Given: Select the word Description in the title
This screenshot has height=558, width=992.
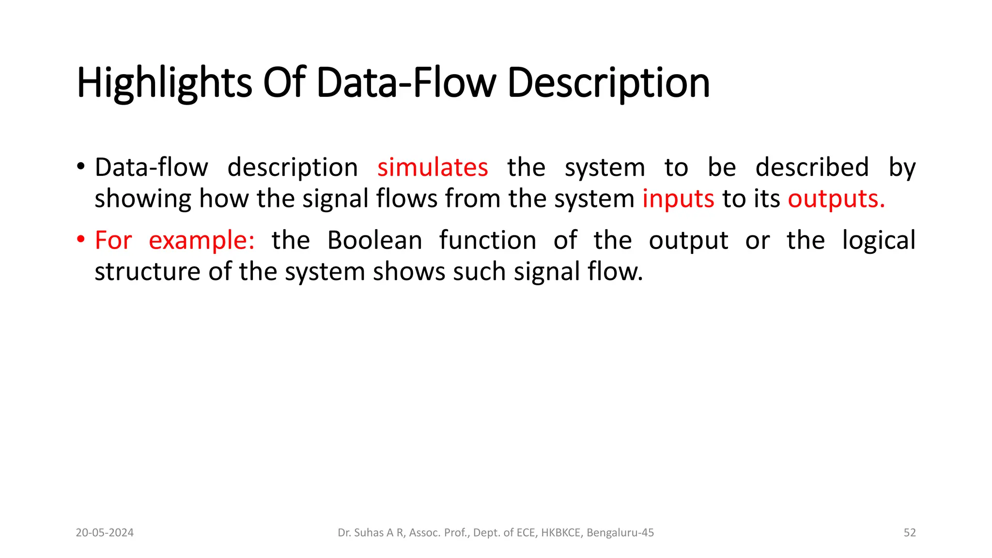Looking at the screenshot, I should point(608,83).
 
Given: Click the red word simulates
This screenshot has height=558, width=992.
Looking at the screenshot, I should point(433,168).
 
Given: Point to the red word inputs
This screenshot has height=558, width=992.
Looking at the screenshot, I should point(678,199).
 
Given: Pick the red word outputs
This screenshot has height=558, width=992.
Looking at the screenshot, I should point(836,199).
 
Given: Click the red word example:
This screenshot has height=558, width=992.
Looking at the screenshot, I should point(201,241).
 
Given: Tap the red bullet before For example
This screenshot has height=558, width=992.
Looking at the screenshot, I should point(80,240).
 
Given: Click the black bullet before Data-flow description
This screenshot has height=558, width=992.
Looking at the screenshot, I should point(80,167).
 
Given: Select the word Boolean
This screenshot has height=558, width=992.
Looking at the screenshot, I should point(374,240).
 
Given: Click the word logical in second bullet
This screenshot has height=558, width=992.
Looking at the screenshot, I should point(879,241).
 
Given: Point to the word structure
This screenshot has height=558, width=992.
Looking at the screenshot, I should point(147,272).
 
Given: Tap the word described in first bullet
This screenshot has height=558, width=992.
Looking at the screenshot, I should point(812,168).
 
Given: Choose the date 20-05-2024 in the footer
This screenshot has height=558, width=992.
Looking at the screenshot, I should point(105,533).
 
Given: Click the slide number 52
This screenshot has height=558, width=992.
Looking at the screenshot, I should point(910,533).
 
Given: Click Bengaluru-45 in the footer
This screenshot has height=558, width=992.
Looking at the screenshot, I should point(620,533).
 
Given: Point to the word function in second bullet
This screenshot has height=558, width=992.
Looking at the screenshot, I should point(488,240).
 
